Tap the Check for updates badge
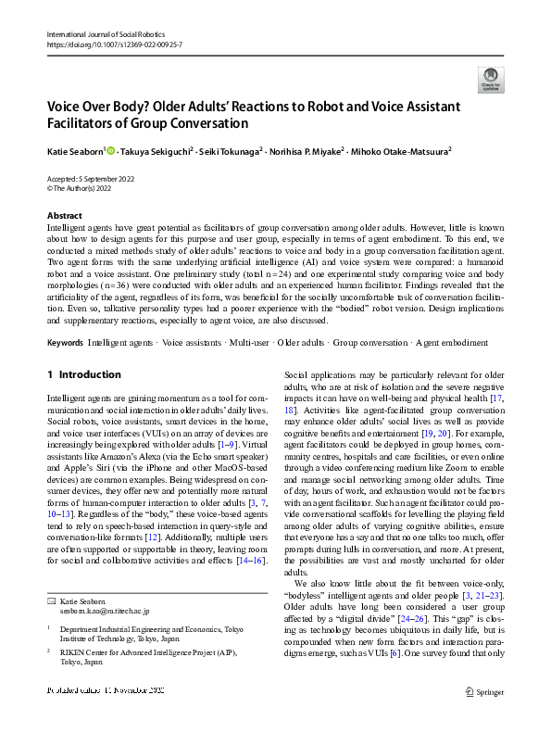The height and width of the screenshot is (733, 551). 490,78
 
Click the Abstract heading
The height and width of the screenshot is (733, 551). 64,215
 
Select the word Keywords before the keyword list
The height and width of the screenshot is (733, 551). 65,343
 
